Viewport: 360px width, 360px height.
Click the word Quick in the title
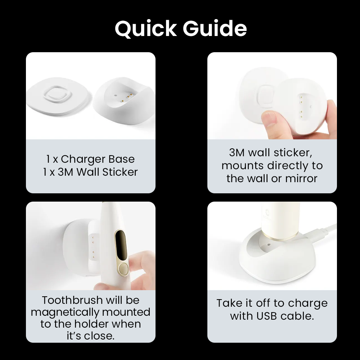tap(146, 29)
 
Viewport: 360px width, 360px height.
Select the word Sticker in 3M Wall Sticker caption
tap(120, 172)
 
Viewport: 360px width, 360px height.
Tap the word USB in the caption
tap(266, 316)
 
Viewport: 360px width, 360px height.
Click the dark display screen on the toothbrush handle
tap(121, 246)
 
